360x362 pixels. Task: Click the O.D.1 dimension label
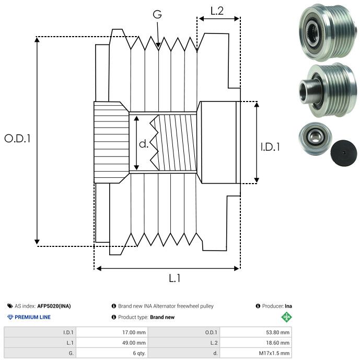[18, 139]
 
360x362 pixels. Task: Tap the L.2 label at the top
[217, 10]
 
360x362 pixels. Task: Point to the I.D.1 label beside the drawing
[270, 148]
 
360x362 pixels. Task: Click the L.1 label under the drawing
[175, 279]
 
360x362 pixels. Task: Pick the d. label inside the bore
[144, 144]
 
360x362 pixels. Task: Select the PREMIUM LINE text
[33, 317]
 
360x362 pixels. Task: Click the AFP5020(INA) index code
[55, 306]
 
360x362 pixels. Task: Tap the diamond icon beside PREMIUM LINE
[10, 317]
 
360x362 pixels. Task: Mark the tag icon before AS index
[10, 306]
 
